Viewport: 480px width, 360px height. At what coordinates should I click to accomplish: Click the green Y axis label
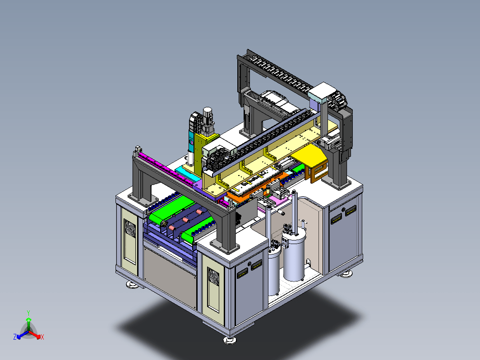click(28, 313)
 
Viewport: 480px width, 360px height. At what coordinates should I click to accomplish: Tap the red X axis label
click(42, 337)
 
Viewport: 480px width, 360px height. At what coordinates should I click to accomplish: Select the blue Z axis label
click(15, 337)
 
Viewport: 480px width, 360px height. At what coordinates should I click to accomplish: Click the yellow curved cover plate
click(310, 156)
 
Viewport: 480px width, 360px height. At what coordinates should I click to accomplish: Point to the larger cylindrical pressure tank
click(294, 257)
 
